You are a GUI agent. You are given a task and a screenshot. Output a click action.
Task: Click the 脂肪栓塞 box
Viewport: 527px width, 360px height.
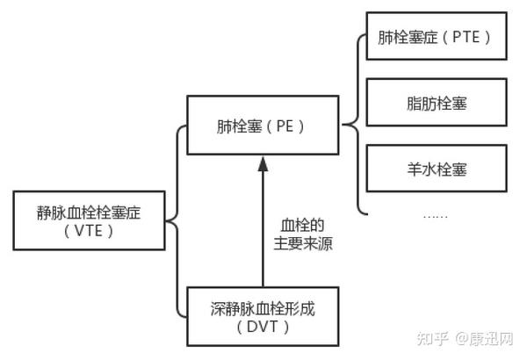(x=433, y=104)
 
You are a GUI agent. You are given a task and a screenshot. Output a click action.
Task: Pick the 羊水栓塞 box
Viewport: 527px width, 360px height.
(x=433, y=168)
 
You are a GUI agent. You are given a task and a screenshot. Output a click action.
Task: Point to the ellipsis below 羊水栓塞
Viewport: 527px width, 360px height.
(x=435, y=215)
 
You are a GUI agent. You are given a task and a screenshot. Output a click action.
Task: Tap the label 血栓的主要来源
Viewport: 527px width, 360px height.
(x=300, y=233)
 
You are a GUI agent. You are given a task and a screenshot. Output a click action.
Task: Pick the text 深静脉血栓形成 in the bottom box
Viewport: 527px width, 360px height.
(x=262, y=307)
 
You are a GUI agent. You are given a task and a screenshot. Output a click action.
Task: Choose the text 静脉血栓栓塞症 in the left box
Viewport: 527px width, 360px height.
(x=89, y=211)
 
